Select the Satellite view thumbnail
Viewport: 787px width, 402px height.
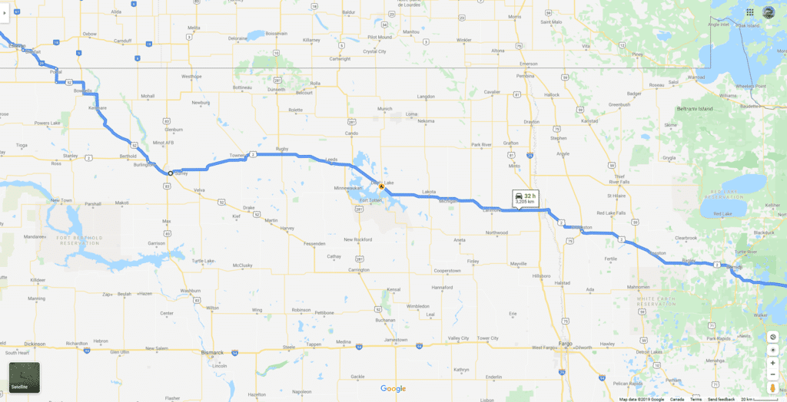24,377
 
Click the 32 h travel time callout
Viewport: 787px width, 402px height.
525,199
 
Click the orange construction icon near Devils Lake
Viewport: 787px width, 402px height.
381,186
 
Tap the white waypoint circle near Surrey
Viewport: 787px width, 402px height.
170,173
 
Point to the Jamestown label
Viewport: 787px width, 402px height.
396,339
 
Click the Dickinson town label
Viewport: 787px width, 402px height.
35,344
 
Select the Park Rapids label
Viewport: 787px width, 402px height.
718,338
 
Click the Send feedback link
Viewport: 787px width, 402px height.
721,399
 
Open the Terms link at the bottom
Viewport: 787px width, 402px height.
696,399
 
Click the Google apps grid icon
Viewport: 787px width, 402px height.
749,12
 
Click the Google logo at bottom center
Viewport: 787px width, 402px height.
393,389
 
